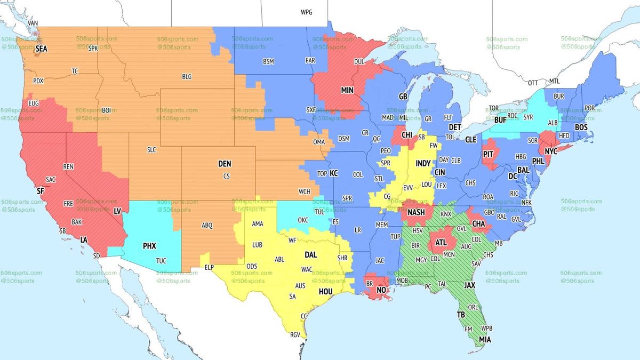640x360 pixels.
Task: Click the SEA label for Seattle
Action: pyautogui.click(x=42, y=49)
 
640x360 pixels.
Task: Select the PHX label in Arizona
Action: pyautogui.click(x=149, y=246)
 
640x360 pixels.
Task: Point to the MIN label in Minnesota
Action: pyautogui.click(x=348, y=91)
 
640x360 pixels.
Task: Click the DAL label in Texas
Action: pyautogui.click(x=311, y=255)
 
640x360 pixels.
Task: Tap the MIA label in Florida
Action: pyautogui.click(x=485, y=339)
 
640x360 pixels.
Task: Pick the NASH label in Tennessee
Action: pyautogui.click(x=416, y=212)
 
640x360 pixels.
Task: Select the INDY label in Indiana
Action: pyautogui.click(x=423, y=163)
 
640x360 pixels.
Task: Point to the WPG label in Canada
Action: pyautogui.click(x=307, y=12)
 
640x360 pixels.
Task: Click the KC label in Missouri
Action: pyautogui.click(x=334, y=173)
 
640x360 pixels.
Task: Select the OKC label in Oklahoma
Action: pyautogui.click(x=303, y=220)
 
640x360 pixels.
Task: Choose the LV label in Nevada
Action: pyautogui.click(x=117, y=211)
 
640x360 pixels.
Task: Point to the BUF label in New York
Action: pyautogui.click(x=500, y=120)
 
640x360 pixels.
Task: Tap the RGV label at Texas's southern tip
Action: pyautogui.click(x=295, y=334)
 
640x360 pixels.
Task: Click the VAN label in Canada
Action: pyautogui.click(x=33, y=23)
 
